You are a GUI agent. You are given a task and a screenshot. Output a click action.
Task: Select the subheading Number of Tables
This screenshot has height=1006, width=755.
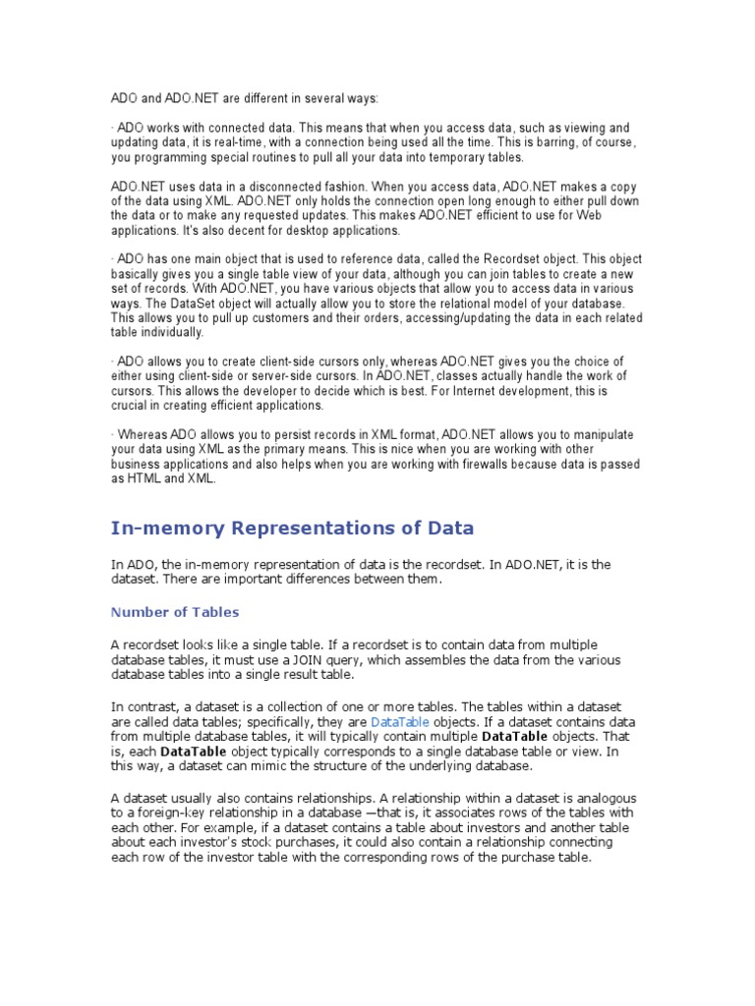click(x=174, y=612)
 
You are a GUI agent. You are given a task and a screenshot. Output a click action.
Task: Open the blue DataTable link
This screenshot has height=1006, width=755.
click(x=399, y=722)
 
